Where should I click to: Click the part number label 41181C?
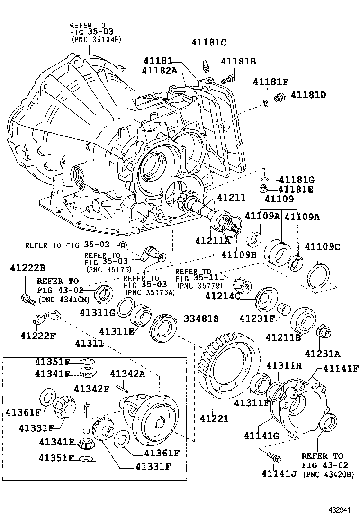209,43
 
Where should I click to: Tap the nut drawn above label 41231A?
323,331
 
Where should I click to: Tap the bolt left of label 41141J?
274,457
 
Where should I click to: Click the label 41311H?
283,365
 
